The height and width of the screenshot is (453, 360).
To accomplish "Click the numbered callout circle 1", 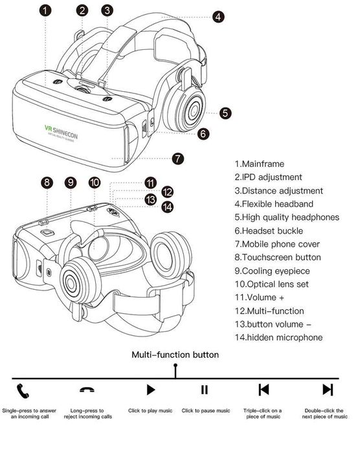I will click(44, 10).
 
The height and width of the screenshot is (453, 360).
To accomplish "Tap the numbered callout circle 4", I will click(219, 17).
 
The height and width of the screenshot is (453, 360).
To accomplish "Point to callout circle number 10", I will click(95, 182).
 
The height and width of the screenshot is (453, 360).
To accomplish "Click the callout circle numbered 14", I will click(168, 206).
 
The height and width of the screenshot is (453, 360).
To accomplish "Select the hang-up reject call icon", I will click(86, 390).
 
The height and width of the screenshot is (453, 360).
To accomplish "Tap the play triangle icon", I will click(150, 390).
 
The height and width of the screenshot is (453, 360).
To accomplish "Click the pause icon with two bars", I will click(205, 390).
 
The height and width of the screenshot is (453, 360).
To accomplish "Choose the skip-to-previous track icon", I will click(264, 390).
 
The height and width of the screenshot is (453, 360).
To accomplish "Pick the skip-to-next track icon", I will click(328, 390).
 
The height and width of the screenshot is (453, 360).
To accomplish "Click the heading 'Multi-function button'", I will click(175, 355).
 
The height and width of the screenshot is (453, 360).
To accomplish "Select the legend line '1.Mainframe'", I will click(259, 164).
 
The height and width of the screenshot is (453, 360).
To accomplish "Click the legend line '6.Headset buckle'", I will click(269, 231).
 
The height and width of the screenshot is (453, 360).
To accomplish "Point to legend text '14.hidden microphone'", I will click(278, 337).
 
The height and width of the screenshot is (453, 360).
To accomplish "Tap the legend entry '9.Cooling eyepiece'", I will click(273, 271).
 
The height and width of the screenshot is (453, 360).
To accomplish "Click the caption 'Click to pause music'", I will click(205, 411).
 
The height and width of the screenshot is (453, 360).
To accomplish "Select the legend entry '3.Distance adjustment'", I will click(278, 191).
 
